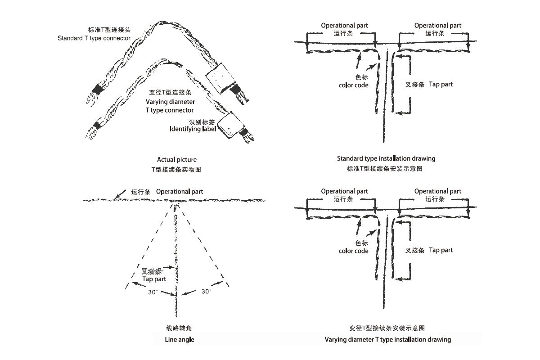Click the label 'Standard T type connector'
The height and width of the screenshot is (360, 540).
94,38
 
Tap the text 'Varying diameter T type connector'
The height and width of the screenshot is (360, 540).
170,106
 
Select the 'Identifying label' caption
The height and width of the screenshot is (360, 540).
193,129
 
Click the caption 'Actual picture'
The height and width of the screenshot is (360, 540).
177,159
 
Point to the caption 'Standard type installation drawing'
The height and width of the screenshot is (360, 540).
386,158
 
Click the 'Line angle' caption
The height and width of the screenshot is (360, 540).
179,339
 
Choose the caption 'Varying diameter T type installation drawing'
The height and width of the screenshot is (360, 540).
387,339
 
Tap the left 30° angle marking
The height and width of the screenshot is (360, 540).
153,292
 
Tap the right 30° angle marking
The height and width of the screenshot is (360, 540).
206,291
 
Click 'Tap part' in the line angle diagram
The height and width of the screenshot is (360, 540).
154,279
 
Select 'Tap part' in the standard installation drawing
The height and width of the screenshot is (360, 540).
441,84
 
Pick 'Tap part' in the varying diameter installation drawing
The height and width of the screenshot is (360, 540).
441,250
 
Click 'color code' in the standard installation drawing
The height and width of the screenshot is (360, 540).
354,85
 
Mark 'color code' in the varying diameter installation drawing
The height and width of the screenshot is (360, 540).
354,251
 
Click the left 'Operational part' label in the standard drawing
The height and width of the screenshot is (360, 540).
344,26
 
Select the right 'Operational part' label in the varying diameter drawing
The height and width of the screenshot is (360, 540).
438,191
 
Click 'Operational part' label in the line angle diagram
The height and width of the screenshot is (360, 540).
180,192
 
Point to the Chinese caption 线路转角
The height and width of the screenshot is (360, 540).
179,328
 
